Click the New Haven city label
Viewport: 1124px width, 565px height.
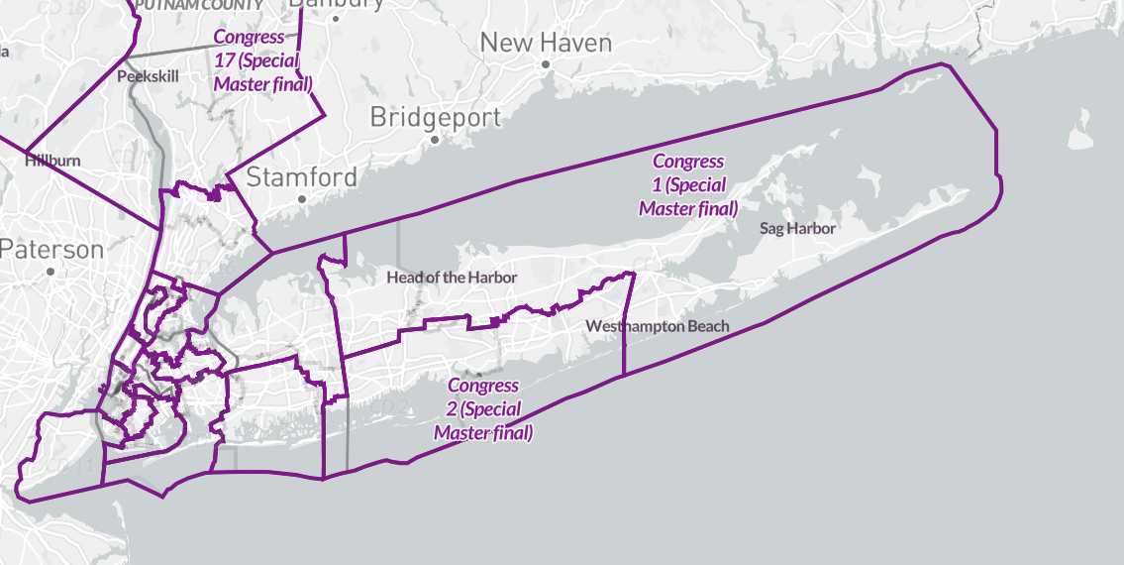(x=546, y=43)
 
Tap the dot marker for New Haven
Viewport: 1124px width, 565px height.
(x=546, y=64)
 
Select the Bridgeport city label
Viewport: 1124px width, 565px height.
(x=435, y=117)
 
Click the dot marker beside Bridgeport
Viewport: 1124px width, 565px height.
(x=434, y=139)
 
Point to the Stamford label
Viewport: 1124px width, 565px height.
(x=301, y=177)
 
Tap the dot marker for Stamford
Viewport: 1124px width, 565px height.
(x=302, y=199)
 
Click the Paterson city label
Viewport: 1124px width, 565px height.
(x=51, y=249)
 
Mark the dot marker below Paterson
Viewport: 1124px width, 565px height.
(x=51, y=271)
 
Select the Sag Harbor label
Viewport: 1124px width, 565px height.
(x=798, y=228)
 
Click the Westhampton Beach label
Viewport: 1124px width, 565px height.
(x=658, y=326)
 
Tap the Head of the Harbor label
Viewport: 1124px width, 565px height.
(x=452, y=278)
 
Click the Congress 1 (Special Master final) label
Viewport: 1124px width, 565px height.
(x=688, y=185)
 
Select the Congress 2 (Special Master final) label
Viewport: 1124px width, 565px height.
(x=483, y=409)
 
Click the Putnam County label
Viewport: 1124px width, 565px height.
(x=202, y=5)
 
